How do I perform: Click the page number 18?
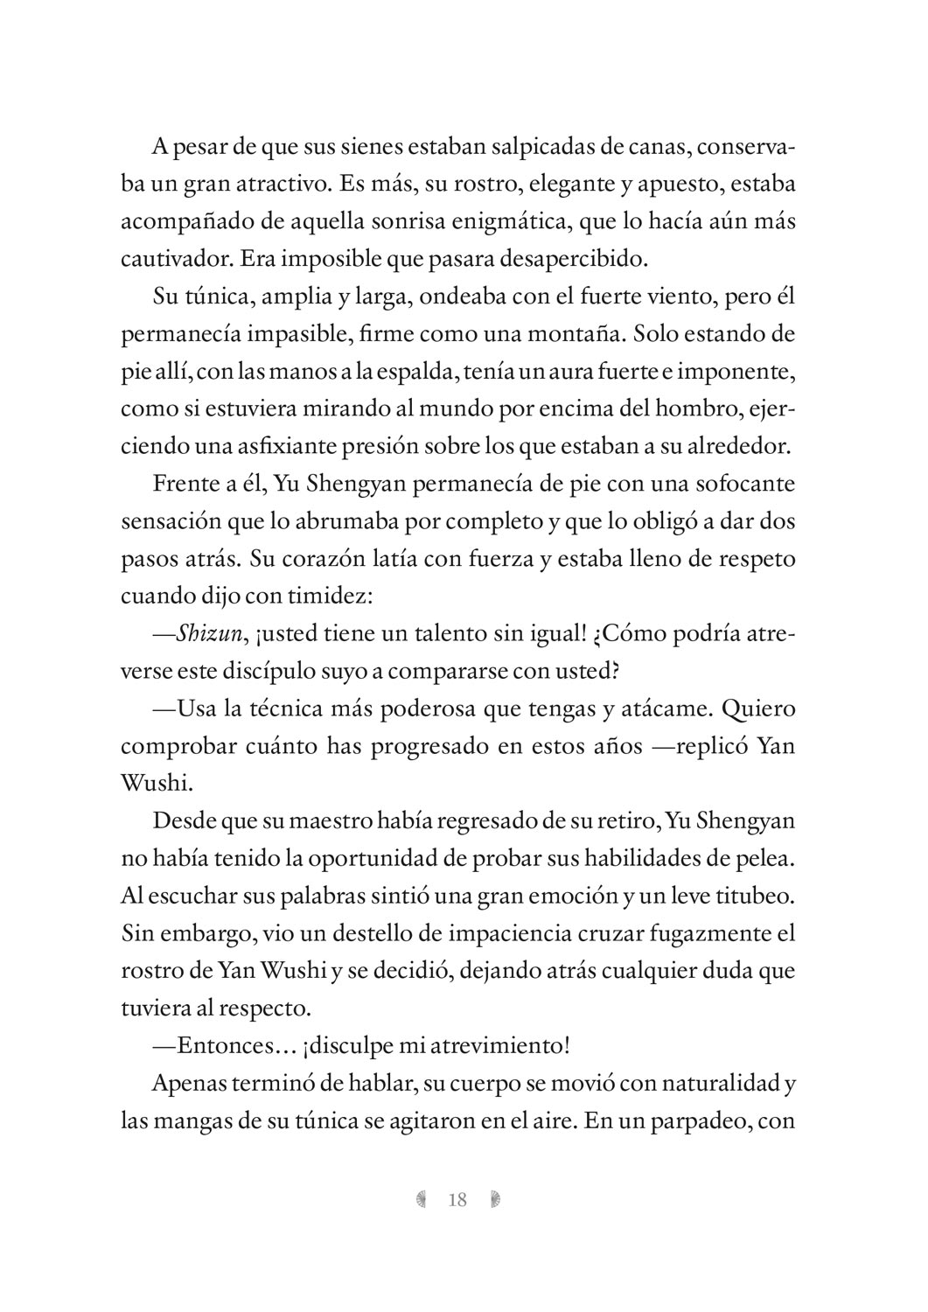pyautogui.click(x=457, y=1199)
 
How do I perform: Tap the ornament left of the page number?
pyautogui.click(x=422, y=1199)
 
